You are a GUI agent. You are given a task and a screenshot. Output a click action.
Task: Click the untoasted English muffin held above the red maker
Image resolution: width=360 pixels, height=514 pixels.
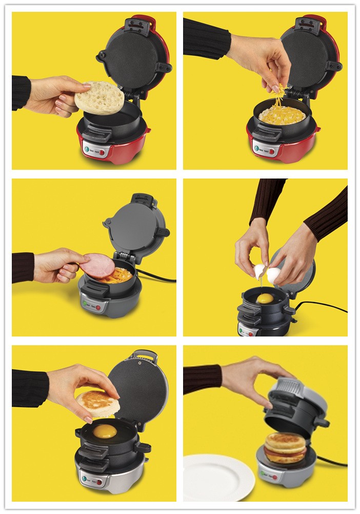coord(99,97)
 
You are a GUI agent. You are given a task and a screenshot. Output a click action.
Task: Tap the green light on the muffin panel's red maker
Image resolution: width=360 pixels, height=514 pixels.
coord(87,150)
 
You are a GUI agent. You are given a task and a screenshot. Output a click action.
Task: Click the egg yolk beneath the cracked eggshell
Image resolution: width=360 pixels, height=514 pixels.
coord(265,298)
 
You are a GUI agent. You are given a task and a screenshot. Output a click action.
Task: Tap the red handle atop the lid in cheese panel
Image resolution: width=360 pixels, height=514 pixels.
coord(312,21)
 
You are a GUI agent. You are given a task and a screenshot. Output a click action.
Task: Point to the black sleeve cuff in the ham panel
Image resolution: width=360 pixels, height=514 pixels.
coord(23,267)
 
